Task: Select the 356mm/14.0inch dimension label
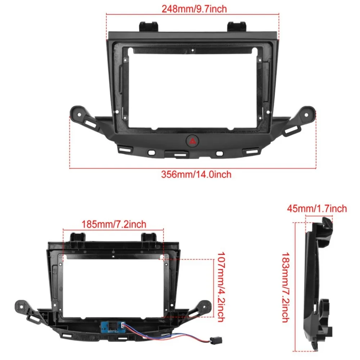point(196,175)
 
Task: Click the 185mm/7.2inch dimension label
point(113,224)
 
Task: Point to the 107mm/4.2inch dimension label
point(221,287)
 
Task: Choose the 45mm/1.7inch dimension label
point(317,208)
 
